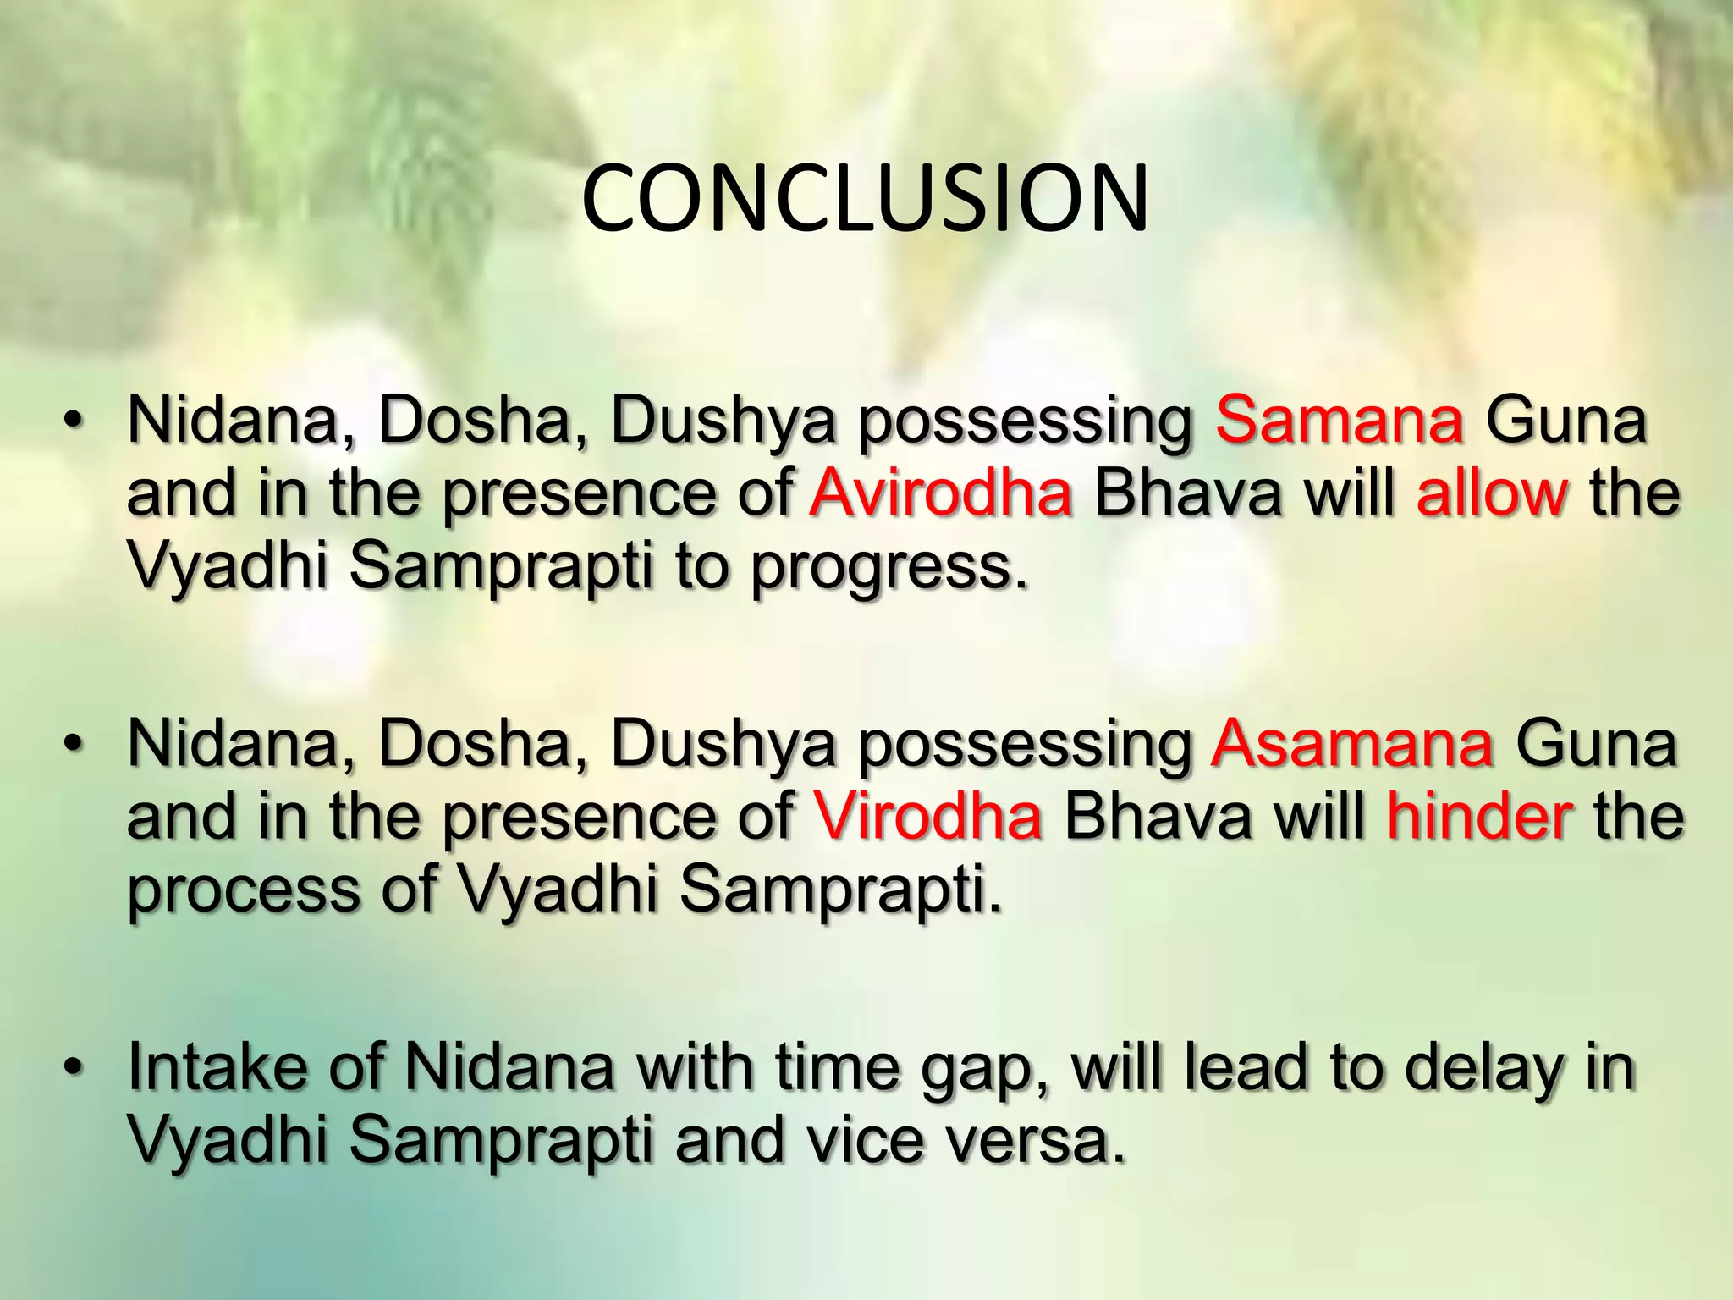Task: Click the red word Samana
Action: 1339,421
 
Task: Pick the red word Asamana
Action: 1351,744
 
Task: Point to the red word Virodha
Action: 927,817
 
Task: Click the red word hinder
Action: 1479,817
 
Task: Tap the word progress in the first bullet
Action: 889,569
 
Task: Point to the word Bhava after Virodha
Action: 1157,817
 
